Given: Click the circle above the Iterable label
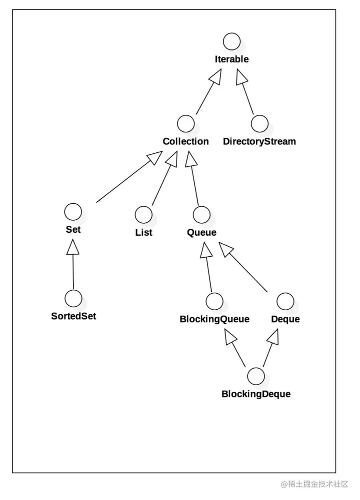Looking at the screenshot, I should (231, 41).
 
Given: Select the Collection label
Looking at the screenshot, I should (185, 141).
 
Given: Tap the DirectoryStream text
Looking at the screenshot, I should (259, 141).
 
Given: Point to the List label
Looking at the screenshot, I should (143, 232).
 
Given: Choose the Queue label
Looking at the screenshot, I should (201, 232).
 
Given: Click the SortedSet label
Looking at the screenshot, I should (73, 316).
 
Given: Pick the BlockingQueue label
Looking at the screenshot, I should (214, 319).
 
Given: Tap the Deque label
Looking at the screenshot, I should (285, 319).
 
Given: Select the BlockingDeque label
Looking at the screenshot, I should (256, 394).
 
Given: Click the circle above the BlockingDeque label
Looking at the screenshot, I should (255, 375).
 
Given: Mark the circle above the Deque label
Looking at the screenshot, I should (285, 301).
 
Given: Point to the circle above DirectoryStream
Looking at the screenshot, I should (259, 123).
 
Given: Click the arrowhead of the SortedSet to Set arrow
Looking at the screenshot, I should (73, 246).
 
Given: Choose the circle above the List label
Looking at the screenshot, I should (143, 214).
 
